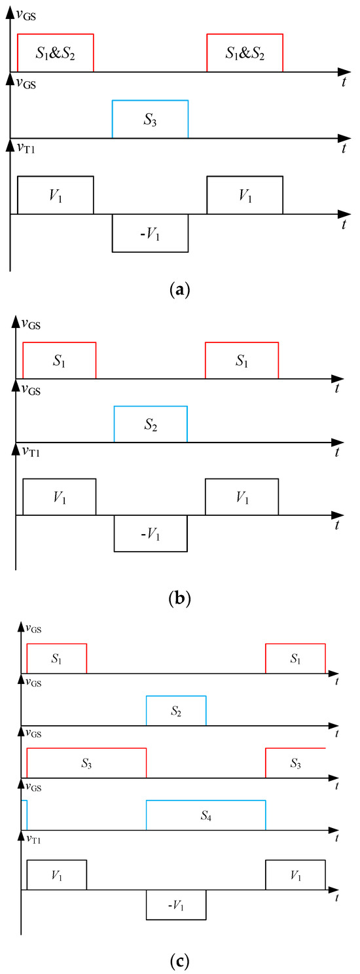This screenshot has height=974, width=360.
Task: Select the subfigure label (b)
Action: click(179, 597)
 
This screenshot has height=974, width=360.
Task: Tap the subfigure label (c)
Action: click(179, 962)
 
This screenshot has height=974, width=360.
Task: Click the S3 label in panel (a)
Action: click(150, 120)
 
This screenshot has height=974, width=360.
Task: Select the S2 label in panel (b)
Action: click(151, 425)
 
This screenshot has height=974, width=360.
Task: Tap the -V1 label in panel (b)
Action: click(151, 535)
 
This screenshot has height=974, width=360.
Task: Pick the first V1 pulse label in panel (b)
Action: click(59, 498)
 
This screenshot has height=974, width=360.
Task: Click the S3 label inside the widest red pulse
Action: click(86, 763)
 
